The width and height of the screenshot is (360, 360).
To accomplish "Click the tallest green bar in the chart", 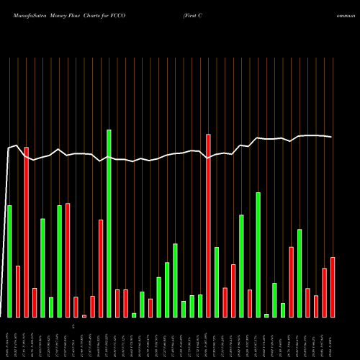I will pos(109,223).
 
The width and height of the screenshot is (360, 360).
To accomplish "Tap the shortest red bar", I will pos(84,315).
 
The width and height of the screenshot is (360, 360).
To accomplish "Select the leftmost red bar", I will pos(18,291).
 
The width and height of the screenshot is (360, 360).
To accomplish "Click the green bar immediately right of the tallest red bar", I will pos(217,282).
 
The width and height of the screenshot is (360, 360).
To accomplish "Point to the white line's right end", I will pos(332,137).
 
